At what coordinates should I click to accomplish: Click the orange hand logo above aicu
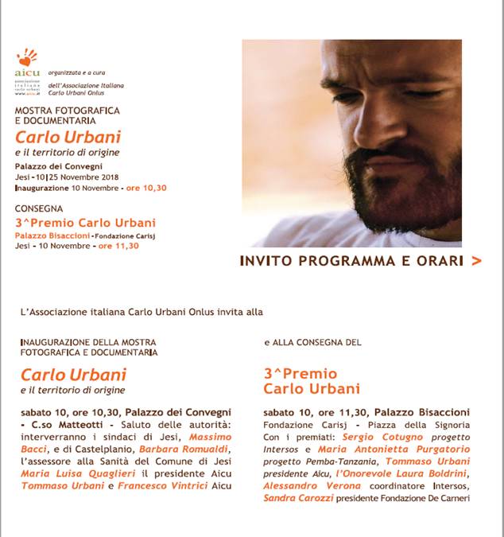coord(27,57)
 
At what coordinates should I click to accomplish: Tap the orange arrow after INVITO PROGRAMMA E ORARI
coord(476,260)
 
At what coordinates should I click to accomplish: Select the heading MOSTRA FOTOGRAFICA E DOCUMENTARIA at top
coord(68,115)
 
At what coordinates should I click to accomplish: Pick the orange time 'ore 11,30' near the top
coord(118,246)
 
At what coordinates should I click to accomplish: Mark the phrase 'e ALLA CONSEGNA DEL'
coord(312,342)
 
